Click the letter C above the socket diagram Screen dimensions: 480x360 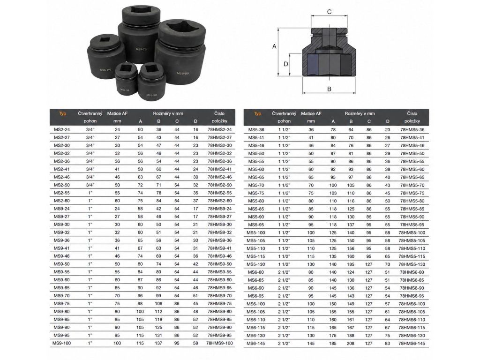click(x=330, y=12)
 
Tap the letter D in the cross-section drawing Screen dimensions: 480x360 click(x=286, y=64)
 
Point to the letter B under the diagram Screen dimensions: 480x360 click(x=330, y=89)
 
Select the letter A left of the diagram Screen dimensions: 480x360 click(x=274, y=46)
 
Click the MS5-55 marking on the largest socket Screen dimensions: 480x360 click(x=182, y=74)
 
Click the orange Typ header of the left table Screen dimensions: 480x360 click(x=62, y=113)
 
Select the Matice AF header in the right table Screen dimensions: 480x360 click(x=311, y=113)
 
